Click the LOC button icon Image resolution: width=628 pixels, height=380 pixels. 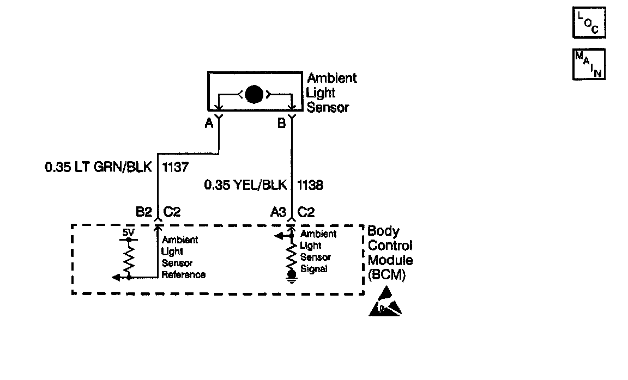(x=589, y=23)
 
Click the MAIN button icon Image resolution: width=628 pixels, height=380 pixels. (x=589, y=64)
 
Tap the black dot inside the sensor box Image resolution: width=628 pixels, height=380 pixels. (x=253, y=94)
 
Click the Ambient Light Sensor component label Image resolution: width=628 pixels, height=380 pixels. (x=331, y=93)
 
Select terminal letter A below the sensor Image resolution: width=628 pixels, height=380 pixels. (x=208, y=124)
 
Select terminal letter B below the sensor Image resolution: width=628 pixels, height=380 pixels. (x=281, y=124)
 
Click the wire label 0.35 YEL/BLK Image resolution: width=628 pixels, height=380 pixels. (x=245, y=186)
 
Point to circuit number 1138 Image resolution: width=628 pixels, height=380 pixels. (x=309, y=186)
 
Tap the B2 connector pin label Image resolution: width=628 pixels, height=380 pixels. (x=143, y=212)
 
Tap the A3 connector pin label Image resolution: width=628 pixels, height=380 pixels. (x=278, y=212)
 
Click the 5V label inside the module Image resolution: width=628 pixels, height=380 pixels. (x=128, y=232)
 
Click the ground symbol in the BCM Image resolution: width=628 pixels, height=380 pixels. (x=292, y=277)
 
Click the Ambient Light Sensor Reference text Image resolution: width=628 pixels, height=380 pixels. (x=183, y=258)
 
